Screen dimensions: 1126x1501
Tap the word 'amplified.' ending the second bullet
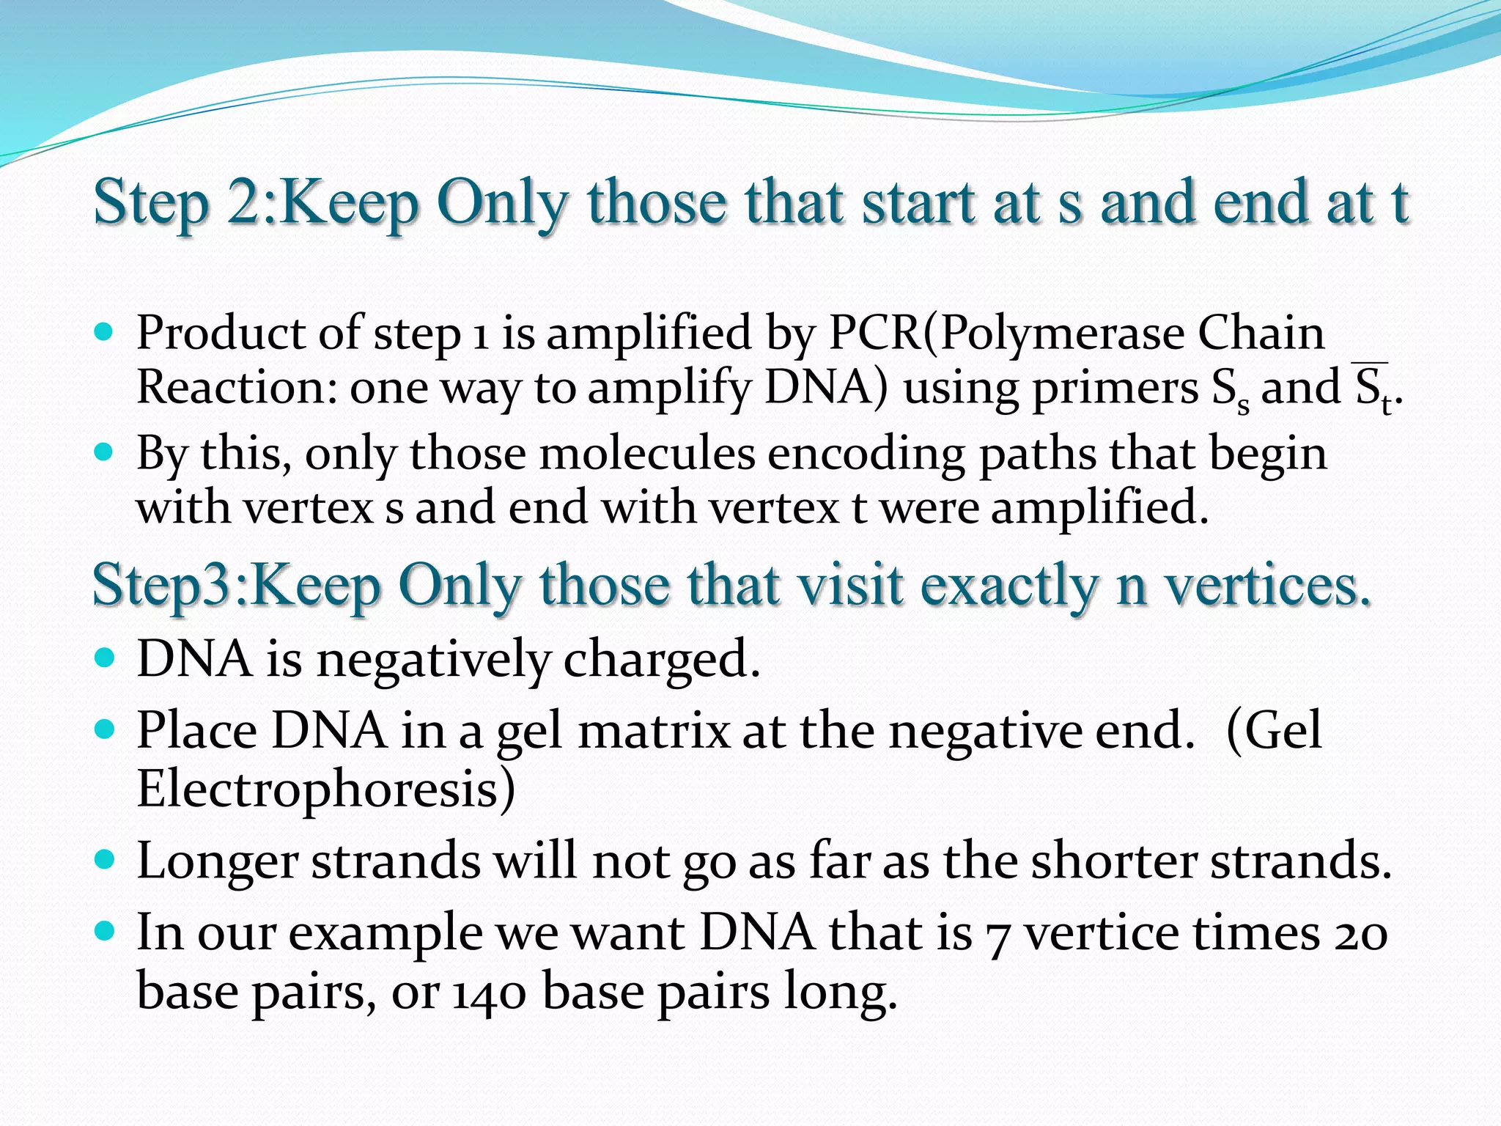pyautogui.click(x=1099, y=507)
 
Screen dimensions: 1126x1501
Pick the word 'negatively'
pyautogui.click(x=432, y=660)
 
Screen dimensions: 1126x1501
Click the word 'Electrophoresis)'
pyautogui.click(x=326, y=790)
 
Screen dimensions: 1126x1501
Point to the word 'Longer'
pyautogui.click(x=217, y=862)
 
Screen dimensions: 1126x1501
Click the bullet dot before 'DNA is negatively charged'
pyautogui.click(x=105, y=658)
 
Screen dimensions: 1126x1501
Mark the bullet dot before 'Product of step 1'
pyautogui.click(x=105, y=332)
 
